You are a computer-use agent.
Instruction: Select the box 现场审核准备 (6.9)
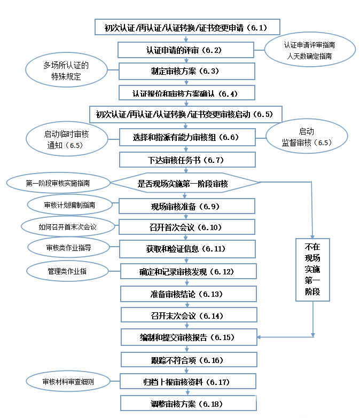186,206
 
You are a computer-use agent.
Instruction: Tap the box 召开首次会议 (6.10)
186,227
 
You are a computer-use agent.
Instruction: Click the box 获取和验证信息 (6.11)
186,249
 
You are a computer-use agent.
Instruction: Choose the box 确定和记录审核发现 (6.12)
187,272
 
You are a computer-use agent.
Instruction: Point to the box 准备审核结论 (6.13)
187,294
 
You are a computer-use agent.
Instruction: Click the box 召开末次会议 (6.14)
187,316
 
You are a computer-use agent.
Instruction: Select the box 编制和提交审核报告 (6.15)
187,337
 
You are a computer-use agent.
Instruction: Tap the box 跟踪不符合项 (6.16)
187,360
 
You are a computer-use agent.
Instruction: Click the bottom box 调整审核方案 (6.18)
187,404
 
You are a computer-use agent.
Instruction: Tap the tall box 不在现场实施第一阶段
313,270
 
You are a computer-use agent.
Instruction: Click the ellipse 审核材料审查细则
68,382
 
